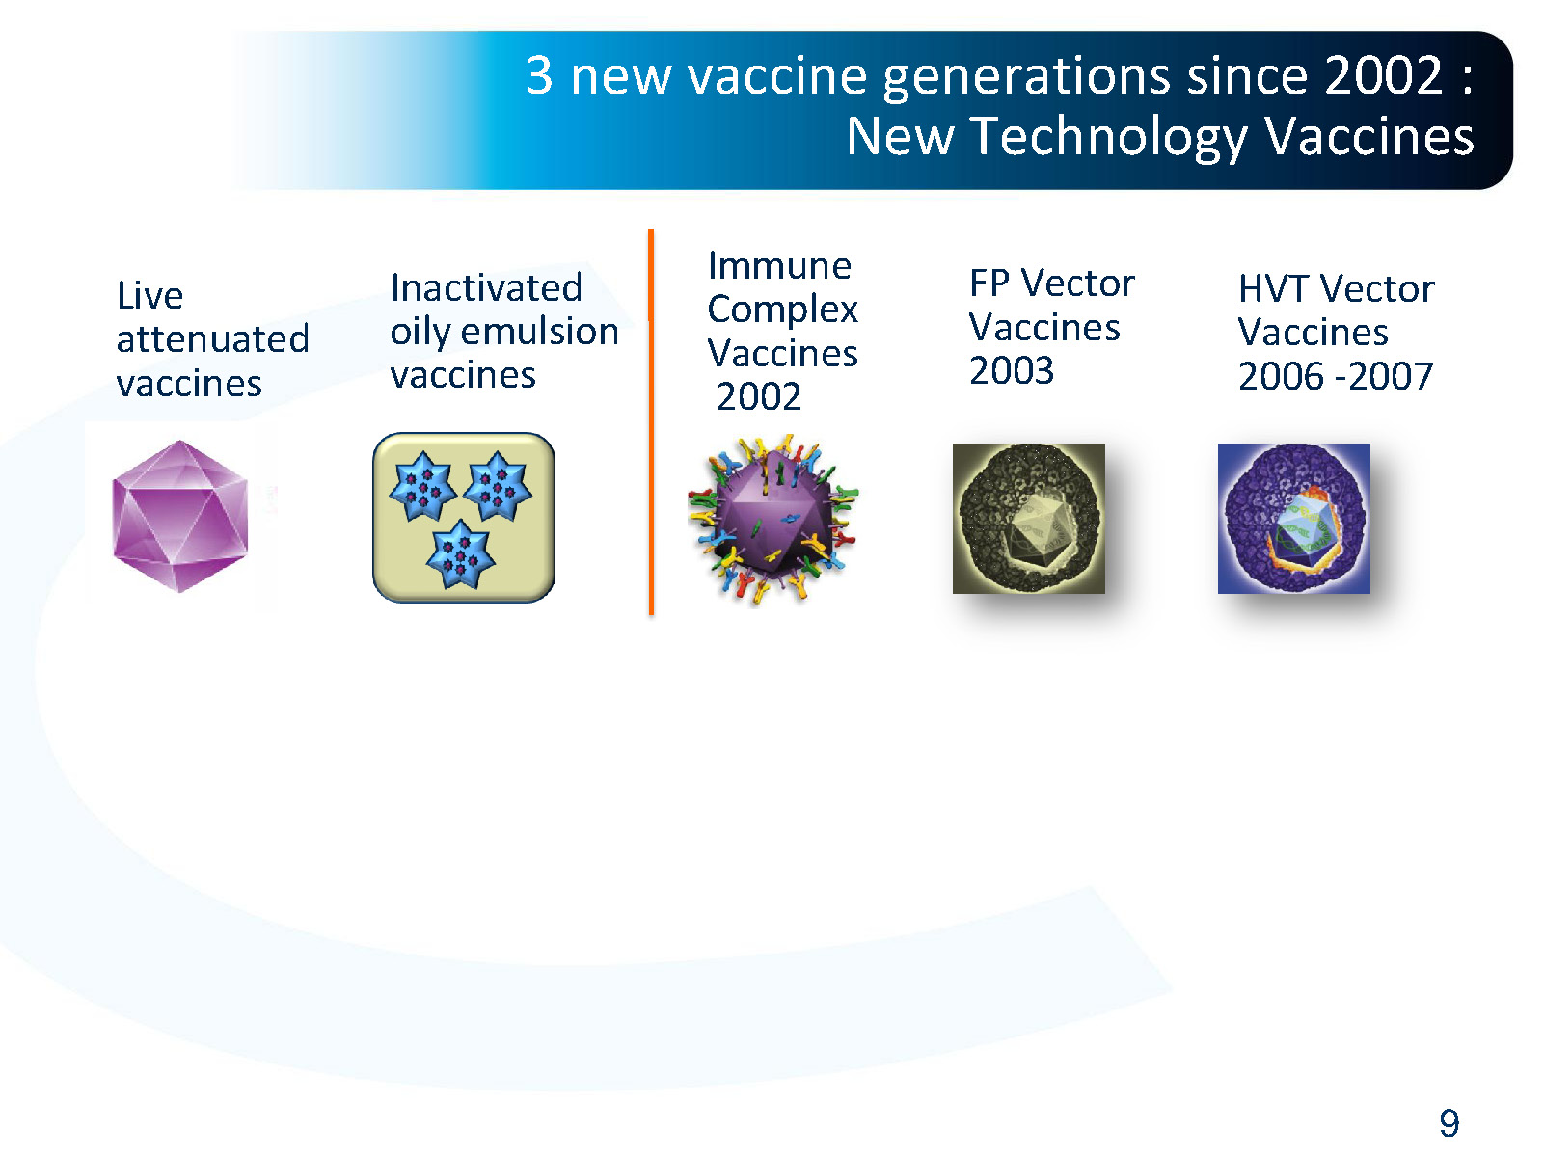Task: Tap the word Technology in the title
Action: pyautogui.click(x=1108, y=137)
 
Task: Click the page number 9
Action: pyautogui.click(x=1449, y=1123)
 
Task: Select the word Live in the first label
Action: pyautogui.click(x=149, y=295)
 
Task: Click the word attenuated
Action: pyautogui.click(x=212, y=339)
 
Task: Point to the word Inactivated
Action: pyautogui.click(x=486, y=287)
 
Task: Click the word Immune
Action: pyautogui.click(x=779, y=265)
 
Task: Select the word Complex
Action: pyautogui.click(x=782, y=309)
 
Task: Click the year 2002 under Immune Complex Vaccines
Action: pyautogui.click(x=759, y=396)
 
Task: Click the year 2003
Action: pyautogui.click(x=1011, y=371)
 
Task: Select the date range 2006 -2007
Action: pyautogui.click(x=1335, y=376)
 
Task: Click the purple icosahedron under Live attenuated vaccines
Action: pyautogui.click(x=180, y=516)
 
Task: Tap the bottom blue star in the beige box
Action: pyautogui.click(x=460, y=555)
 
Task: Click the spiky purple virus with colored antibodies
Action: pyautogui.click(x=772, y=519)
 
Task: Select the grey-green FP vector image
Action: pyautogui.click(x=1028, y=519)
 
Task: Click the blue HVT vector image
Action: pyautogui.click(x=1293, y=519)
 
